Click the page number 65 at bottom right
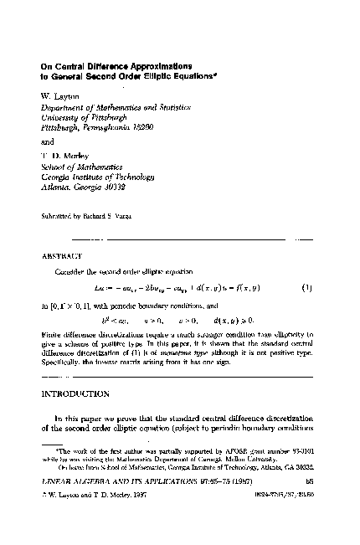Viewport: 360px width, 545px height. (309, 506)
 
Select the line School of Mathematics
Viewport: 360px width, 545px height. (82, 166)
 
